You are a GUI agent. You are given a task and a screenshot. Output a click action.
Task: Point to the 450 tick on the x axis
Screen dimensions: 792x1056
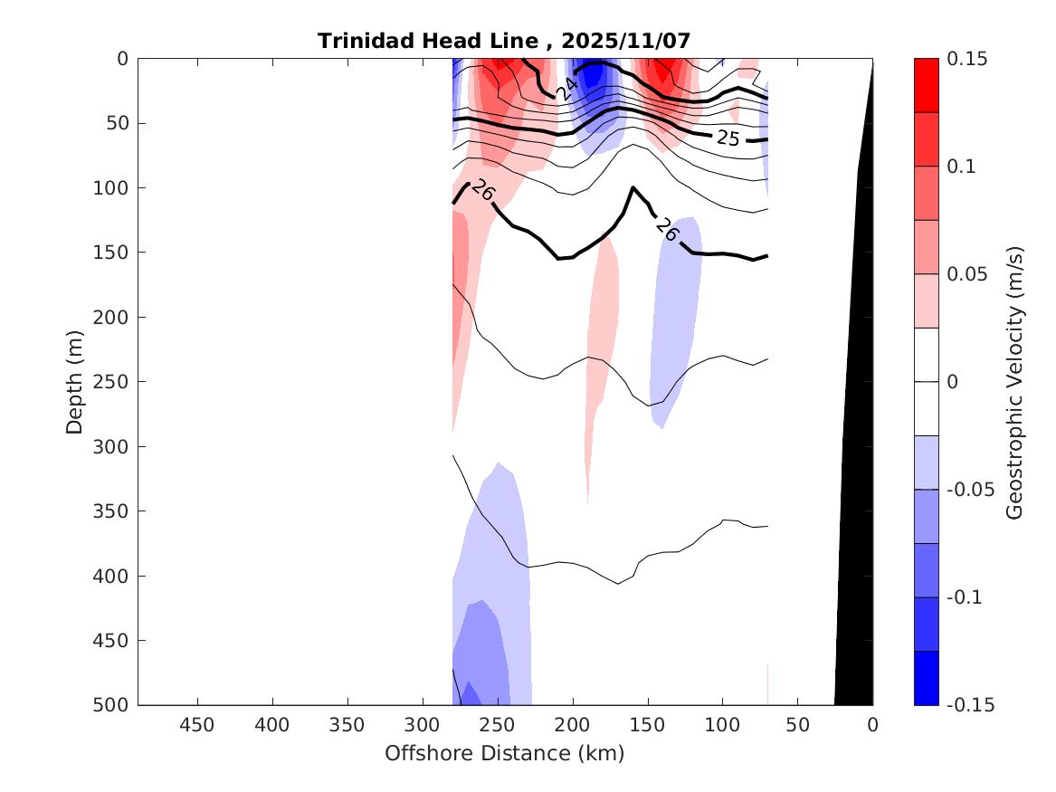tap(197, 725)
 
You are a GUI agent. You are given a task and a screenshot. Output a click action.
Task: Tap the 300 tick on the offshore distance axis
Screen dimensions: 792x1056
tap(423, 725)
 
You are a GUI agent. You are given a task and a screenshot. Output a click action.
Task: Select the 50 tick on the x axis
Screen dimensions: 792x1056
tap(797, 725)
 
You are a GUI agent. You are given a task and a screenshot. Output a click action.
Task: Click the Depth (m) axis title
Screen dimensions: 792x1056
tap(75, 381)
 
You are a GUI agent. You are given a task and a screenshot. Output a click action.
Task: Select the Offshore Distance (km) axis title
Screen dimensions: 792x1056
tap(505, 753)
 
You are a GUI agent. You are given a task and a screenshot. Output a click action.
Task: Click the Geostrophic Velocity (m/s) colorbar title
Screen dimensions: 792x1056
tap(1014, 381)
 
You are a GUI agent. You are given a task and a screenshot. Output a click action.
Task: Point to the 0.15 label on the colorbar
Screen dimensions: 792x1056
tap(967, 59)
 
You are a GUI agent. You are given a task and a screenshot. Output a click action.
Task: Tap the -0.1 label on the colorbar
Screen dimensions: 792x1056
tap(967, 597)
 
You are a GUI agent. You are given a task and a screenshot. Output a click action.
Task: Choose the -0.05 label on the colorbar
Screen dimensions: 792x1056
tap(971, 490)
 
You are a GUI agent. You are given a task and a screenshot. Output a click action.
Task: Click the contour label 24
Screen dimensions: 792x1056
tap(566, 89)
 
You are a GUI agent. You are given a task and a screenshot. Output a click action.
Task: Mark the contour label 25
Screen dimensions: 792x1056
tap(728, 138)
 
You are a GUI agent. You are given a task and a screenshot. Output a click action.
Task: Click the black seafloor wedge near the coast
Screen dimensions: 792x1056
tap(855, 498)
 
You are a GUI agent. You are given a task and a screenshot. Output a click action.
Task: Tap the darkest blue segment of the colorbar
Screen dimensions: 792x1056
tap(926, 678)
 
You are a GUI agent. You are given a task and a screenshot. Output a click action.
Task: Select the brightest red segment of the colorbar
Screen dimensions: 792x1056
tap(926, 85)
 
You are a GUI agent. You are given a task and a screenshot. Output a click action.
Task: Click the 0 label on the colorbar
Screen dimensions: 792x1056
tap(953, 382)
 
